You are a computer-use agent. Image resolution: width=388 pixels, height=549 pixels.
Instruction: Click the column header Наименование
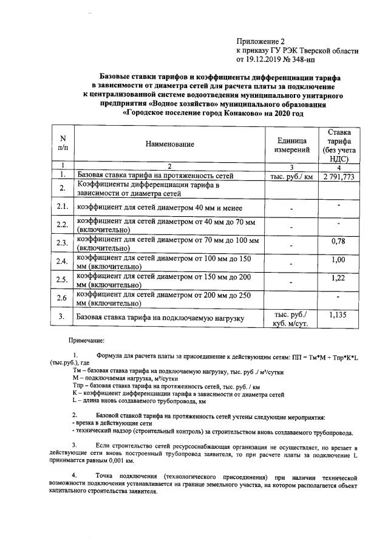[170, 145]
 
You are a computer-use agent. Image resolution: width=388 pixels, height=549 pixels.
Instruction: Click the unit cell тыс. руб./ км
[291, 177]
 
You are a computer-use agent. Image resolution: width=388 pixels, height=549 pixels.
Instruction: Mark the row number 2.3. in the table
[61, 244]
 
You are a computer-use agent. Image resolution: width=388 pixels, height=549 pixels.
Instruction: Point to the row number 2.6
[61, 298]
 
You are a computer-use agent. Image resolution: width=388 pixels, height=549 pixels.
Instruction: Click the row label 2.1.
[61, 207]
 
